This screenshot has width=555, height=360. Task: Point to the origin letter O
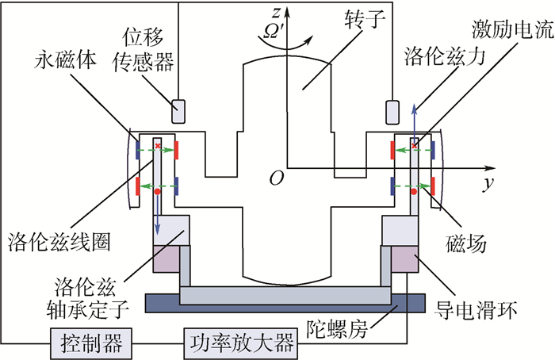point(275,179)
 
